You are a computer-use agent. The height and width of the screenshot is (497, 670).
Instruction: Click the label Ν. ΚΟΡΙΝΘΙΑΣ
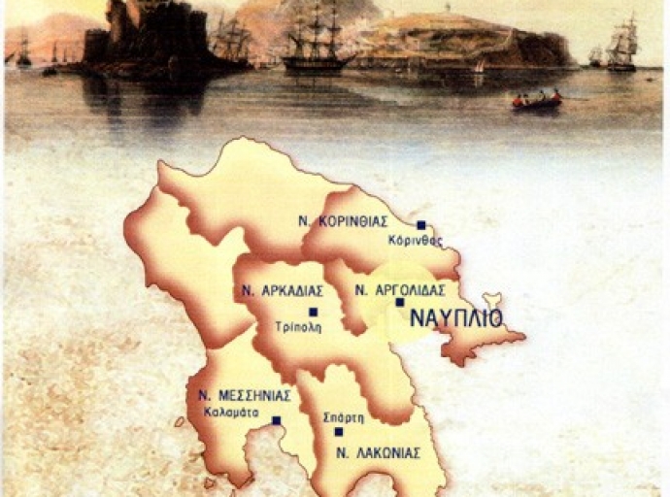tap(343, 220)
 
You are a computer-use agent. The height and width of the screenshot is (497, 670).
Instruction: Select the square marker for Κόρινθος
tap(420, 224)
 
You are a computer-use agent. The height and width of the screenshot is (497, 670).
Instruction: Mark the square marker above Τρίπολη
tap(313, 312)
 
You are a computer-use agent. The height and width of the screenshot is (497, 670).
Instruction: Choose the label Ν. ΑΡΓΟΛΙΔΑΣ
tap(400, 289)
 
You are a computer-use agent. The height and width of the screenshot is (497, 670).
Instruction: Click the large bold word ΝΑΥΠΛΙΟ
tap(455, 318)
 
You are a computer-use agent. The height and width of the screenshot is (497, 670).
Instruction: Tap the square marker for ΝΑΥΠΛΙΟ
tap(399, 302)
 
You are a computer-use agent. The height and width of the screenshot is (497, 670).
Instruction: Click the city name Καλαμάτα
tap(230, 411)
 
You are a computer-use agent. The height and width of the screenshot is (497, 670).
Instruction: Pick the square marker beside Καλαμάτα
tap(277, 420)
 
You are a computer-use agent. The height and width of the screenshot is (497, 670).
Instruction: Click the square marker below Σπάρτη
tap(338, 431)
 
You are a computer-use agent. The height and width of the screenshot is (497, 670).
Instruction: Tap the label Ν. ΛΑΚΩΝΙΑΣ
tap(369, 452)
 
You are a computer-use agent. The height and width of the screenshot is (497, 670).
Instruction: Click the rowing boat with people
tap(537, 100)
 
